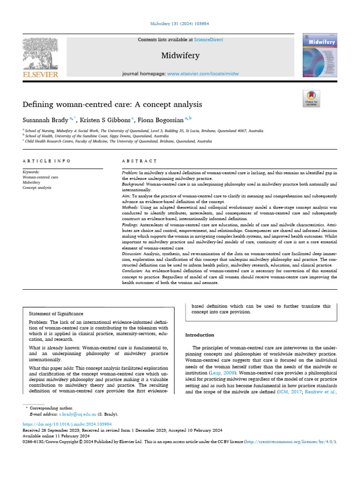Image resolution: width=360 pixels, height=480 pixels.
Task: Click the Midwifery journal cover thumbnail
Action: coord(321,56)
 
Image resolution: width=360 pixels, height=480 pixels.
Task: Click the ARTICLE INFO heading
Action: coord(46,161)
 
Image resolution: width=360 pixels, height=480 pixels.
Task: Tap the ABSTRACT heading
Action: coord(139,161)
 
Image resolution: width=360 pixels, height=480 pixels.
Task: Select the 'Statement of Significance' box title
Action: coord(56,314)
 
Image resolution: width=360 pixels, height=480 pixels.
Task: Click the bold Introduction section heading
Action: coord(200,335)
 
